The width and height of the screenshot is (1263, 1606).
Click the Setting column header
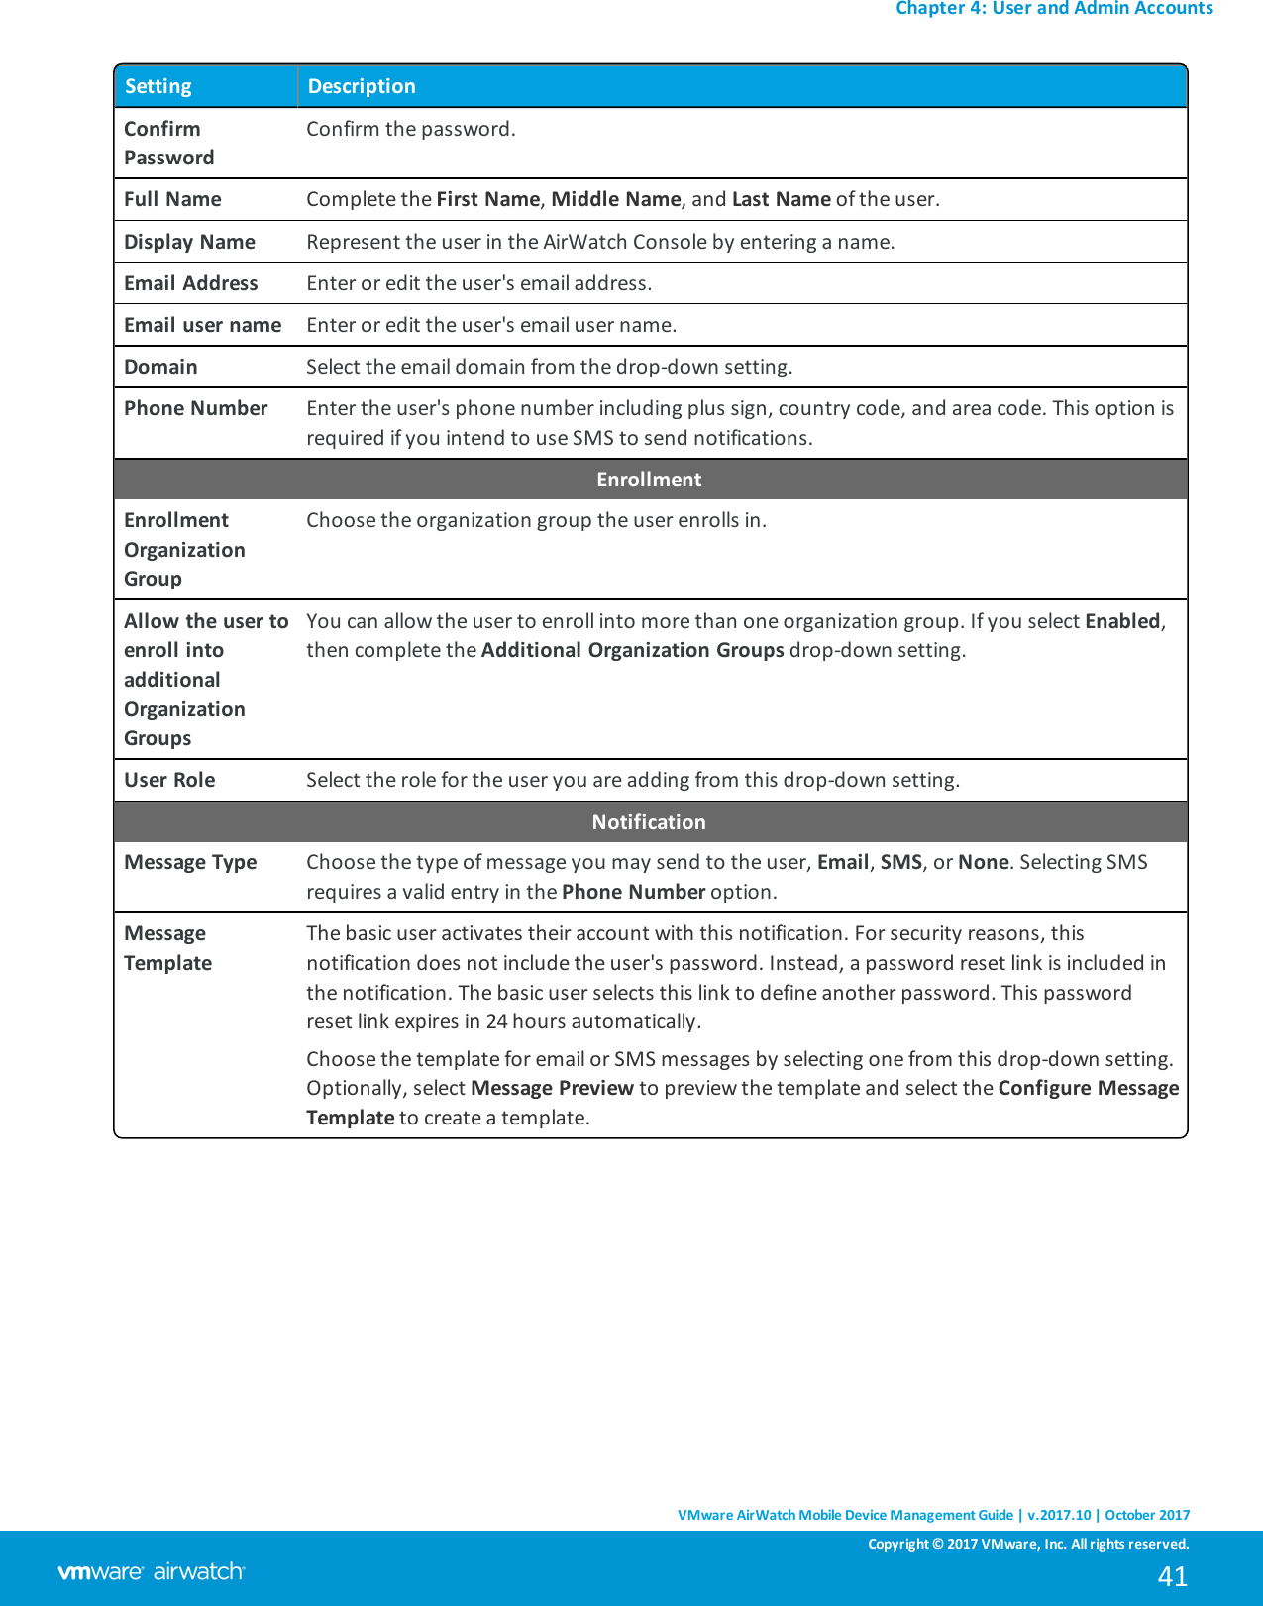158,86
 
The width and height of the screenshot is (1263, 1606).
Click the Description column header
362,86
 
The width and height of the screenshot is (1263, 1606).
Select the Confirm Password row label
168,143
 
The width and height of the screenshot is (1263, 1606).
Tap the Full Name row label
172,199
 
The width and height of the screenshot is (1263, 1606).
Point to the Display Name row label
189,242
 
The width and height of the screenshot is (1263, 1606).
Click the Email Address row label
190,283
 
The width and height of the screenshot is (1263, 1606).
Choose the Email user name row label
202,325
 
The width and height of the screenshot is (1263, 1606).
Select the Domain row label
160,367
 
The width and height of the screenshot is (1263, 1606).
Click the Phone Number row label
195,408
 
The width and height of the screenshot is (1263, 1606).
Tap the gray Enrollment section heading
649,480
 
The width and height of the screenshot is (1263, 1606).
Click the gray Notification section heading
649,822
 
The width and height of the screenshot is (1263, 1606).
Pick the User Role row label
169,780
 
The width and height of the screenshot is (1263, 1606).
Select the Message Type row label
190,862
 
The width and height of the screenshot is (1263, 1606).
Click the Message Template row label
167,948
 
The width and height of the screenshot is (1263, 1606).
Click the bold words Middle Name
615,199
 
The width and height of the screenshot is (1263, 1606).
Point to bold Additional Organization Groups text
632,650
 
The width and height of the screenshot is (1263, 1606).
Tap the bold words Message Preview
552,1088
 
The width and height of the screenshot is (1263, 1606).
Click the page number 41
1172,1576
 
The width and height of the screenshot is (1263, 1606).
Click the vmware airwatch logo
151,1571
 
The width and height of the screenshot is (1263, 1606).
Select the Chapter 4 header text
1053,9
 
